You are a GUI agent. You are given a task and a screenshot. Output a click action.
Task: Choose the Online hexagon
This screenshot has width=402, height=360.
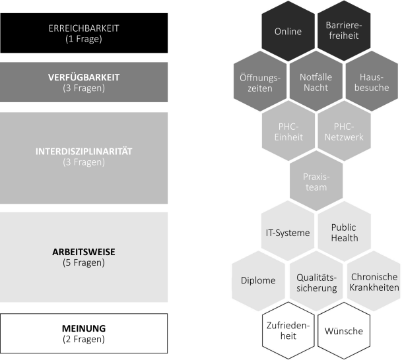[x=288, y=31]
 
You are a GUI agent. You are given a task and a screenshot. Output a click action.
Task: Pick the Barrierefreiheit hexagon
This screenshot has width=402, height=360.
[x=343, y=31]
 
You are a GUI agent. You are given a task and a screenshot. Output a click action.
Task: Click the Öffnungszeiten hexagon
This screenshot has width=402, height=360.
[x=260, y=82]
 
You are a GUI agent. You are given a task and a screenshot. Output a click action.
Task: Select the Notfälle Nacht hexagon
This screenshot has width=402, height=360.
[x=316, y=82]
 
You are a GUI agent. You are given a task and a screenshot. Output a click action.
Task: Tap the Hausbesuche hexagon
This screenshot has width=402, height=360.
[x=371, y=82]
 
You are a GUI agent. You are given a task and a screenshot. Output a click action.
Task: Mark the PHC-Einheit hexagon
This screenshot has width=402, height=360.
[x=288, y=132]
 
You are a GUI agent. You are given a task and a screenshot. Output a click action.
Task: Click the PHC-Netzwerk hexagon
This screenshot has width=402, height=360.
[x=343, y=132]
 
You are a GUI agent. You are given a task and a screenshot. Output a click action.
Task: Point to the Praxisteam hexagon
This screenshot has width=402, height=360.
[x=316, y=181]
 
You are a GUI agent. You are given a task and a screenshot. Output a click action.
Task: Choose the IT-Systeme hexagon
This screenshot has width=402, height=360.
[x=288, y=231]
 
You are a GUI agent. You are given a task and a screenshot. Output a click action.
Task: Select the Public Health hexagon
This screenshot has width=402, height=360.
[x=343, y=231]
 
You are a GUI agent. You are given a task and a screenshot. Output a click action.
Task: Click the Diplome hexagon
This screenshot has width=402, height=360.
[x=260, y=280]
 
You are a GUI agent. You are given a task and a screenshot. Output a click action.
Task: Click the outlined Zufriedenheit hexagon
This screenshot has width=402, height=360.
[x=288, y=330]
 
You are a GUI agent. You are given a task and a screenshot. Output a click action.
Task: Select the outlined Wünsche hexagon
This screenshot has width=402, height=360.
[x=343, y=330]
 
